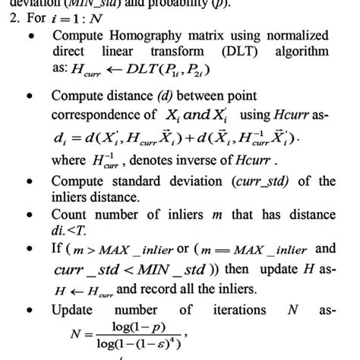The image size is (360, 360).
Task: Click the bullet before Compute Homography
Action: pos(30,36)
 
